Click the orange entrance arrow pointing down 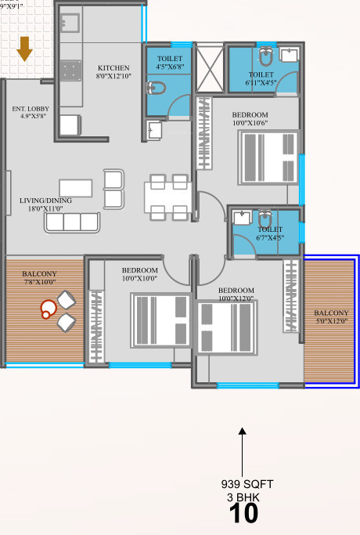[x=24, y=49]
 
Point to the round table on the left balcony [x=48, y=308]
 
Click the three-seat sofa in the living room [x=72, y=222]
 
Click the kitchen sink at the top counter [x=72, y=23]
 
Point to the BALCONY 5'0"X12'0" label [x=330, y=317]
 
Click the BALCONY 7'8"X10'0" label [x=39, y=276]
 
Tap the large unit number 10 [x=243, y=514]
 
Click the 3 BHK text [x=243, y=497]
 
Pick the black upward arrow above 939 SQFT [x=243, y=450]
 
